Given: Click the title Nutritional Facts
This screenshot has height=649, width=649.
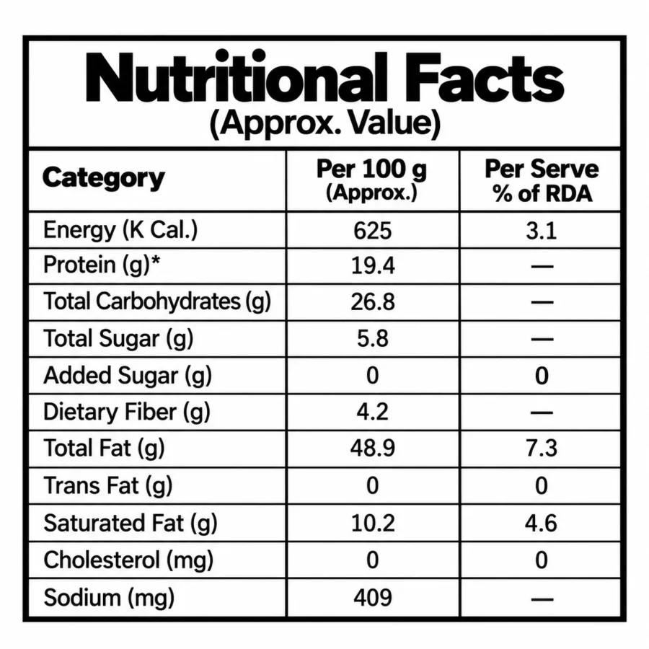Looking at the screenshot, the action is tap(324, 77).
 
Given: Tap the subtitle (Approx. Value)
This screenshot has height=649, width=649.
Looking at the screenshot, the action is tap(325, 123).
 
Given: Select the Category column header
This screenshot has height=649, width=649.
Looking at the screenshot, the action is tap(103, 178).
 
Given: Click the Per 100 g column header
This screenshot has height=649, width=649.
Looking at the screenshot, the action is tap(371, 180).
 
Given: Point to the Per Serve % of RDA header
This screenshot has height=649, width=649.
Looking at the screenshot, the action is tap(542, 181).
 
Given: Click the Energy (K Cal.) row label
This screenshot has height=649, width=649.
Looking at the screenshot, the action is tap(120, 230).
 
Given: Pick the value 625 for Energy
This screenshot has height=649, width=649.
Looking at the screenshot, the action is tap(373, 231).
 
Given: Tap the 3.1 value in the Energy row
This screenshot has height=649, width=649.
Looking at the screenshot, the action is tap(542, 231).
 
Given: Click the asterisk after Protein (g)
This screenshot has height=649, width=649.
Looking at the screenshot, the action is tap(155, 261).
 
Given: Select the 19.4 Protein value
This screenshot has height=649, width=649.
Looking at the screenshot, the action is tap(373, 265).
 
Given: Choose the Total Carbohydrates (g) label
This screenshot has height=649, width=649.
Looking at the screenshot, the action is tap(157, 301).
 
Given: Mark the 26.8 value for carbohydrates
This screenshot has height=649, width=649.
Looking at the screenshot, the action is tap(373, 302).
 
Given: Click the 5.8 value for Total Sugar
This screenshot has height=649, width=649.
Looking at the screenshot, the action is tap(373, 339).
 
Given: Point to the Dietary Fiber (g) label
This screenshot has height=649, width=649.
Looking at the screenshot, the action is tap(127, 412).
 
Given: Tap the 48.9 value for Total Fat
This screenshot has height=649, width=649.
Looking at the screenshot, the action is tap(373, 448).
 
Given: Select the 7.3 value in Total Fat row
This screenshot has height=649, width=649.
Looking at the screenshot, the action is tap(542, 448).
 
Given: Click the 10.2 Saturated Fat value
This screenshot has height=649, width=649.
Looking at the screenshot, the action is tap(373, 523).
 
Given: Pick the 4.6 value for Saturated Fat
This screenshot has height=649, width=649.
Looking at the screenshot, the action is tap(542, 523).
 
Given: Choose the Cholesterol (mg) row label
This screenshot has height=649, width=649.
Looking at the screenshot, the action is tap(128, 560).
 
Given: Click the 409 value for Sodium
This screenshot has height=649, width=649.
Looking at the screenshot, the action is tap(373, 597).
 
